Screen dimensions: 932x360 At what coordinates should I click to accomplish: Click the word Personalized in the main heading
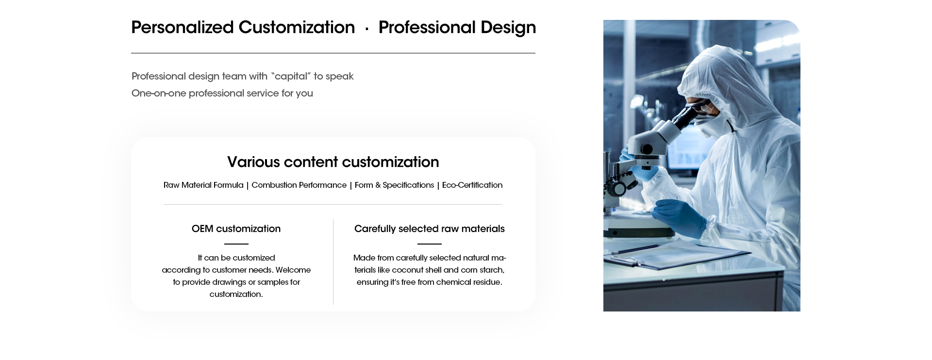(183, 27)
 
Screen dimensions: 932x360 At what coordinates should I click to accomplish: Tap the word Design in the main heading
(508, 28)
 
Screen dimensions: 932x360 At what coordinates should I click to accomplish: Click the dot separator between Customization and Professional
(366, 30)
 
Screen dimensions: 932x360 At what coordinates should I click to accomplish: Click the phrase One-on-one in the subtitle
(159, 93)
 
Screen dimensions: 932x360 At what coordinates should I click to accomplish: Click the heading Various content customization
(333, 162)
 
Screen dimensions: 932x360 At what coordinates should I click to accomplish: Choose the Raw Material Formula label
(203, 185)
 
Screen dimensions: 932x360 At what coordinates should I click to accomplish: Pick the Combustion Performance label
(299, 185)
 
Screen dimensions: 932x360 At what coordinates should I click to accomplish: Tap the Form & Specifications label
(394, 185)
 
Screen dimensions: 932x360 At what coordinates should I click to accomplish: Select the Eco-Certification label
(472, 185)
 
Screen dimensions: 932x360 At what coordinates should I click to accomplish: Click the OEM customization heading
(236, 229)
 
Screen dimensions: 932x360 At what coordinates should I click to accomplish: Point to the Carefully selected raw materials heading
(430, 229)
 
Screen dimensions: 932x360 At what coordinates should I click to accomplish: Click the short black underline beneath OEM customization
(236, 244)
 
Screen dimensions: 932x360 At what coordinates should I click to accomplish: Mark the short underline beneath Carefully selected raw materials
(430, 244)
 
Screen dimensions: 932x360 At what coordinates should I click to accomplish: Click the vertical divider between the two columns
(333, 262)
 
